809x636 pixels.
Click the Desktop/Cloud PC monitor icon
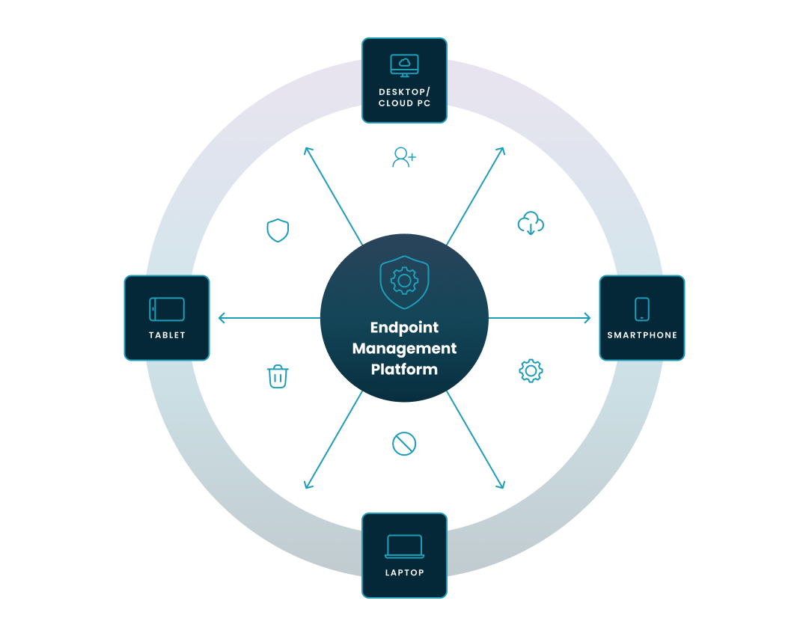pos(404,66)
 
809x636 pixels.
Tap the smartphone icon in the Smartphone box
pos(641,308)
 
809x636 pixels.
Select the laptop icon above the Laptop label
pos(404,546)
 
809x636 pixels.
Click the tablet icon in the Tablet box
pos(167,308)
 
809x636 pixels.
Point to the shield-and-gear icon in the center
pos(404,281)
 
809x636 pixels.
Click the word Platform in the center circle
pos(404,370)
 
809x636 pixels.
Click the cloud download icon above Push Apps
pos(531,223)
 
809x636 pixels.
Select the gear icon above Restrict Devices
pos(531,370)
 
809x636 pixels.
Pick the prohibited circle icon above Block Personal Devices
pos(404,444)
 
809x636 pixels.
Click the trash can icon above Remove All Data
pos(278,376)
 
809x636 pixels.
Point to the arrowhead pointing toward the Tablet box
pos(221,318)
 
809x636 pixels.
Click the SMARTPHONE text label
pos(642,335)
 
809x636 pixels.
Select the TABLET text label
pos(167,335)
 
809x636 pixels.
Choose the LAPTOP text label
pos(404,573)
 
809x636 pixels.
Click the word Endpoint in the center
pos(404,328)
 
